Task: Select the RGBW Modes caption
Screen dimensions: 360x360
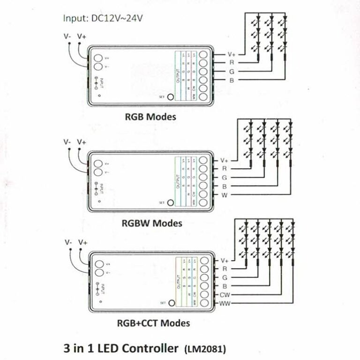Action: tap(151, 223)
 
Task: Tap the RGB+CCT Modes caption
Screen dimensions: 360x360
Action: tap(153, 323)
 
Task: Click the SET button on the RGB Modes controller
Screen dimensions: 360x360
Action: tap(171, 97)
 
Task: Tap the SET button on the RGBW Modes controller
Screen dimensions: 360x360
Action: tap(170, 202)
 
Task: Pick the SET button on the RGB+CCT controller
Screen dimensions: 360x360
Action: tap(172, 303)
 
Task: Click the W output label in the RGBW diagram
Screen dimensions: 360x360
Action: tap(224, 195)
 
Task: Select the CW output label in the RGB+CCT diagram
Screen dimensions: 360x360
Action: tap(225, 295)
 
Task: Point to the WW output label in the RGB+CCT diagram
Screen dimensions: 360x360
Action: tap(225, 304)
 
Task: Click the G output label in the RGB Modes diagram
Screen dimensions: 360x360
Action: tap(232, 71)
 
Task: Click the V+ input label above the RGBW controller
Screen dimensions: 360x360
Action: tap(82, 142)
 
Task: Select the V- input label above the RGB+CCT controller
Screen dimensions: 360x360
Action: tap(69, 242)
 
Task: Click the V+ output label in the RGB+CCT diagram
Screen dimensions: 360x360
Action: tap(225, 260)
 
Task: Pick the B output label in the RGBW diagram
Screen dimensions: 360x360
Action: tap(224, 186)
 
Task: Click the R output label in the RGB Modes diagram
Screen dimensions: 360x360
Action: tap(232, 62)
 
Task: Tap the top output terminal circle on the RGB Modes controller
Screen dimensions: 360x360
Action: tap(203, 54)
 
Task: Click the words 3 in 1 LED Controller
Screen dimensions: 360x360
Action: tap(121, 349)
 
